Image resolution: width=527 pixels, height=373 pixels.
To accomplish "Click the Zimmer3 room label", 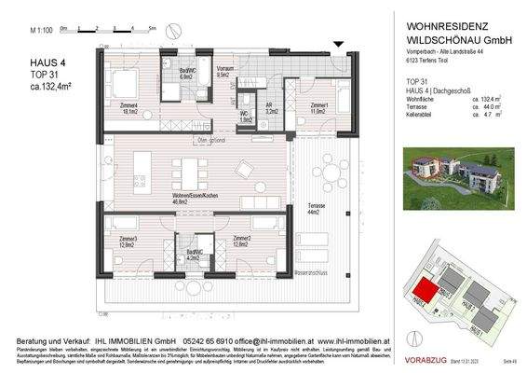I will click(x=128, y=242).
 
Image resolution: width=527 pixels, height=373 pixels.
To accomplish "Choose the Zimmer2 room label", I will click(x=243, y=242).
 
